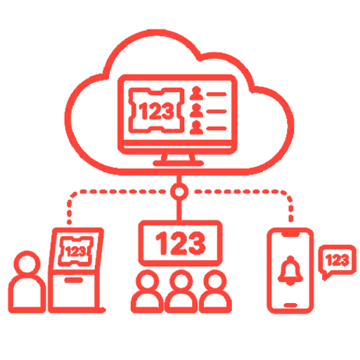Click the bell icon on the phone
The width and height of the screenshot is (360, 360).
click(x=290, y=270)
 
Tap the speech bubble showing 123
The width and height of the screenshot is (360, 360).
click(x=337, y=261)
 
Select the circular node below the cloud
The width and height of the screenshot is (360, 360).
click(x=179, y=191)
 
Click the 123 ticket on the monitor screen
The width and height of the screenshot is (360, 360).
click(x=156, y=110)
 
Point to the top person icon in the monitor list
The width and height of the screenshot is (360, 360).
click(x=196, y=93)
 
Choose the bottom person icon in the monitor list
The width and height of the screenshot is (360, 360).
click(x=196, y=127)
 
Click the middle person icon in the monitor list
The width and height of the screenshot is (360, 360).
click(x=196, y=110)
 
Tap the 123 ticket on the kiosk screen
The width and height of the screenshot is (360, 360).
click(x=75, y=252)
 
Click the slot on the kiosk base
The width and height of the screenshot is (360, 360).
click(x=74, y=280)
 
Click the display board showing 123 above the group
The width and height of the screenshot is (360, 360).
click(x=180, y=243)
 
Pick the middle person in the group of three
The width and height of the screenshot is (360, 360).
click(x=181, y=291)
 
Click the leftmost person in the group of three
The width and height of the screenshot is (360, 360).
click(x=147, y=291)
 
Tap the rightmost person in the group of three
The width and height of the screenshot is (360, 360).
click(x=215, y=291)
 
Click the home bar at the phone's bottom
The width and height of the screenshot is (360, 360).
click(x=290, y=305)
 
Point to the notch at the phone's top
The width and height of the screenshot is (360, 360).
click(x=290, y=233)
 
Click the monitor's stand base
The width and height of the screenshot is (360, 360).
click(x=178, y=163)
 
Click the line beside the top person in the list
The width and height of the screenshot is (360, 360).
click(x=216, y=94)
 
